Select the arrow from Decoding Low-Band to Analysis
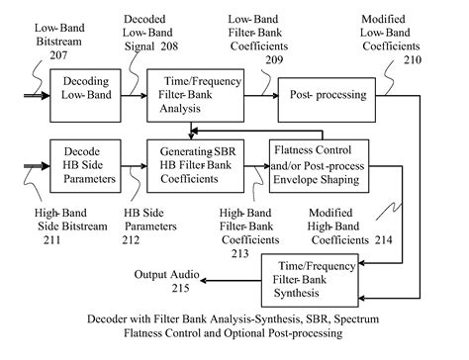(x=133, y=96)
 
